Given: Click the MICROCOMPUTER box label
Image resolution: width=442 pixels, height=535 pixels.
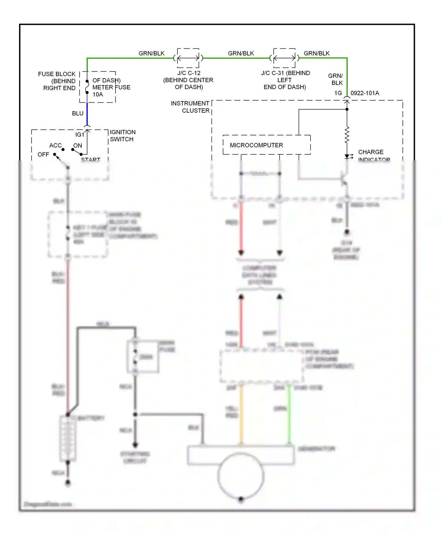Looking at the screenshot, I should [x=256, y=145].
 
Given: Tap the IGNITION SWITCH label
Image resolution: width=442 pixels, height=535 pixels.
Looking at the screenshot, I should [x=123, y=136].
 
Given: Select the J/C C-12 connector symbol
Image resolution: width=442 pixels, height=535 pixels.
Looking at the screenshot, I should [x=188, y=58].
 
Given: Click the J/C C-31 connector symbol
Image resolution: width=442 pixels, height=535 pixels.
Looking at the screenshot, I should [x=284, y=58].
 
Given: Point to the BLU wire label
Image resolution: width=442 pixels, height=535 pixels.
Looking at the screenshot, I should [x=78, y=114].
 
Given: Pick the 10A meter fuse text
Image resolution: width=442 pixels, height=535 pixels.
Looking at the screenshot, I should [x=98, y=95].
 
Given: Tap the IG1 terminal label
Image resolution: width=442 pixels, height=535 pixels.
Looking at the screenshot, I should [x=80, y=135].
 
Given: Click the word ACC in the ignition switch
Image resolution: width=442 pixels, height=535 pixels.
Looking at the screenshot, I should [x=55, y=145].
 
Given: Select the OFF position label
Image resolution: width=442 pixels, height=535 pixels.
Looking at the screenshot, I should [x=43, y=155].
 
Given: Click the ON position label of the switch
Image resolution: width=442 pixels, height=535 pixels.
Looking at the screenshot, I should [x=77, y=145].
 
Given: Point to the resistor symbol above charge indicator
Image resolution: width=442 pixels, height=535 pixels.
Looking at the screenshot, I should [x=347, y=135].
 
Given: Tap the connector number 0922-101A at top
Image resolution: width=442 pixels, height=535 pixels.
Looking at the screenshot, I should [x=365, y=93].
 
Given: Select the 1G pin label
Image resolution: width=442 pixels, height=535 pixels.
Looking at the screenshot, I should [x=338, y=93].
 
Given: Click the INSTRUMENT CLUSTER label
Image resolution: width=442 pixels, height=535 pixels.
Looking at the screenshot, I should [x=190, y=107].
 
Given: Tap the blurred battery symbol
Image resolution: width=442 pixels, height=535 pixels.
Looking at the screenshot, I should [x=68, y=438].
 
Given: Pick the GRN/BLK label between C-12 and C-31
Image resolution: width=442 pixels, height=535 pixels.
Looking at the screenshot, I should [x=241, y=53].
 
